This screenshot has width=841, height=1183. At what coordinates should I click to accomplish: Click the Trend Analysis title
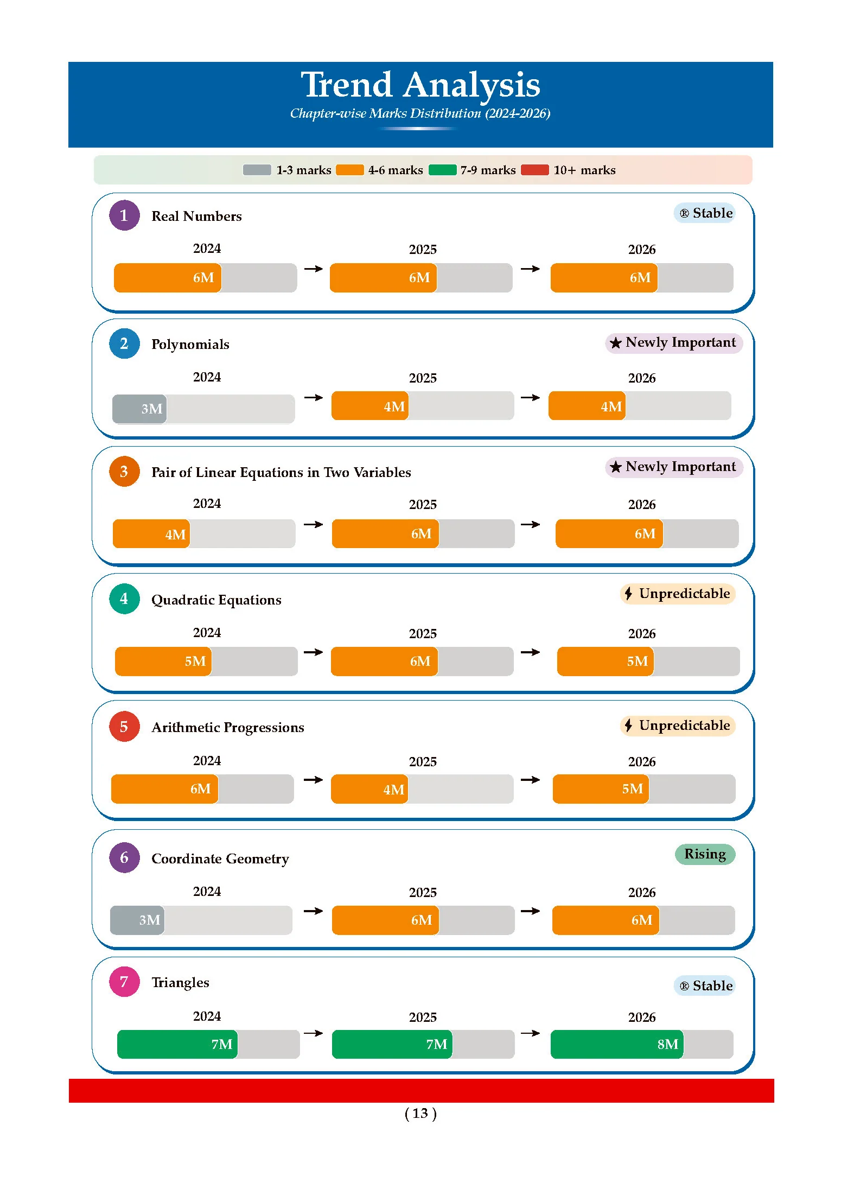(x=420, y=85)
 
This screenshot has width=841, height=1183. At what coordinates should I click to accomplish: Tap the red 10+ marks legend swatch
(x=534, y=170)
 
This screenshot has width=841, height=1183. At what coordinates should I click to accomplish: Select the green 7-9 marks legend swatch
(x=442, y=170)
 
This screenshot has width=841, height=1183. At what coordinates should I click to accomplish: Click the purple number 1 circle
(x=124, y=215)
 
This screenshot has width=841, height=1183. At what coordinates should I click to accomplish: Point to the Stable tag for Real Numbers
(x=705, y=213)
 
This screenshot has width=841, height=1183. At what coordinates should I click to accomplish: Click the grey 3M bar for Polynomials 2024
(x=139, y=409)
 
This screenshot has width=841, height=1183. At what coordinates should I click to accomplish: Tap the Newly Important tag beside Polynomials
(x=674, y=342)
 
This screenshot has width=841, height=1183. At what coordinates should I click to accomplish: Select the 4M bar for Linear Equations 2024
(x=151, y=534)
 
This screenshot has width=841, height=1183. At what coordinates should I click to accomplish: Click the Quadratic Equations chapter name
(x=216, y=600)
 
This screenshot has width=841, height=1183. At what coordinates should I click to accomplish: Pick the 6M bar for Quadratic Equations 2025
(x=384, y=661)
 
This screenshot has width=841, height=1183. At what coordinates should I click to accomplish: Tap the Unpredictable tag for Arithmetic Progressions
(x=678, y=726)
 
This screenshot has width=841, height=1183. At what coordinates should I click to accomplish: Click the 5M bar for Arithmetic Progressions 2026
(x=601, y=788)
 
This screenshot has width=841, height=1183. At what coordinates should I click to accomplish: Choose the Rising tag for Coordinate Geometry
(x=705, y=854)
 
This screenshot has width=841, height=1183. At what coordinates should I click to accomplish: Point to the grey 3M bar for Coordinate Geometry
(x=137, y=920)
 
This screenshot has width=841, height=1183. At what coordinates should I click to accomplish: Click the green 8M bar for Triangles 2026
(x=617, y=1044)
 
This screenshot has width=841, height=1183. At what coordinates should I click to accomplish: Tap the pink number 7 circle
(x=124, y=982)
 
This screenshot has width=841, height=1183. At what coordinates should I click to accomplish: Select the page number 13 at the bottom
(x=420, y=1114)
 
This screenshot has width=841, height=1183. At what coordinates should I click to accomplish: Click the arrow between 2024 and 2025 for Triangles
(x=314, y=1033)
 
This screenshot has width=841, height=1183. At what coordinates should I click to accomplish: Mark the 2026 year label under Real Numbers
(x=642, y=250)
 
